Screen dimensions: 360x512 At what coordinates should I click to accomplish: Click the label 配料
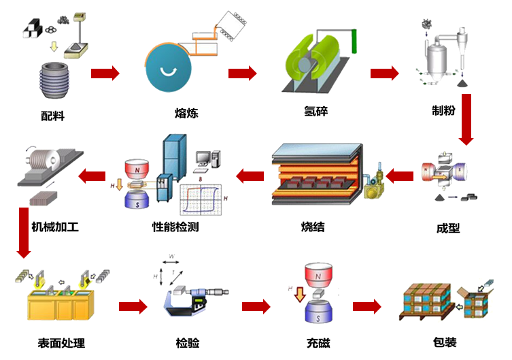(52, 116)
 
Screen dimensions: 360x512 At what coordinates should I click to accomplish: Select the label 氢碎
(316, 110)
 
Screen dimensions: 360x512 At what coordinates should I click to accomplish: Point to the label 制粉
(443, 110)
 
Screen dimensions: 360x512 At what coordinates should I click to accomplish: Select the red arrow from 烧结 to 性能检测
(250, 177)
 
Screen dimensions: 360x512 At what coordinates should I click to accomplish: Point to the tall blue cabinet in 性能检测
(173, 160)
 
